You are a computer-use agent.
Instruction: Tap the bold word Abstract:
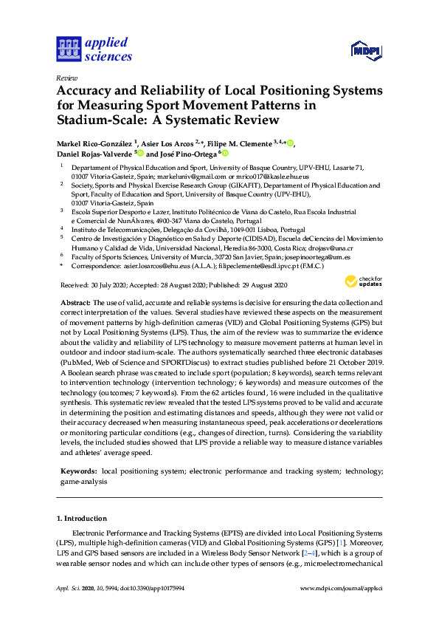[75, 303]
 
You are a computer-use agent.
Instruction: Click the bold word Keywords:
[78, 470]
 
